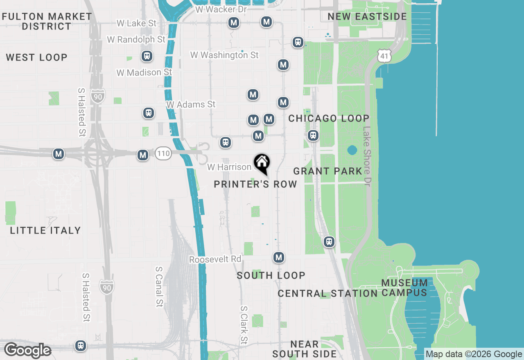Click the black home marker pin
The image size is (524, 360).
[x=262, y=164]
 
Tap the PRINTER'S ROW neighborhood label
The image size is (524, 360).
[x=255, y=184]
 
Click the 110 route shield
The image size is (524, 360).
[x=163, y=154]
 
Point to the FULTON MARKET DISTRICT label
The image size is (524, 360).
[x=47, y=21]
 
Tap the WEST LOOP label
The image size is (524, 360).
[x=36, y=57]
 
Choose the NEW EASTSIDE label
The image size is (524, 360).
[x=367, y=17]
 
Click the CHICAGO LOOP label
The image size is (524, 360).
[x=329, y=119]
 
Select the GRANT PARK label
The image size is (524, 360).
[x=328, y=171]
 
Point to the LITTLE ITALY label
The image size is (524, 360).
[x=45, y=231]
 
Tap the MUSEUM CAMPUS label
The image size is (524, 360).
[x=405, y=288]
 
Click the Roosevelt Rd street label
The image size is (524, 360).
[x=215, y=260]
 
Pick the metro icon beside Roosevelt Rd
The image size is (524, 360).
[x=279, y=257]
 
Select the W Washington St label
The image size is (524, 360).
[x=224, y=55]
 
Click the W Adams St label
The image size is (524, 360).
[x=191, y=105]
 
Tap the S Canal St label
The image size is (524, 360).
[x=159, y=287]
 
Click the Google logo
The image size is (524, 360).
[x=27, y=351]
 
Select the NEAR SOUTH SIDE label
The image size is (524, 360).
[x=304, y=349]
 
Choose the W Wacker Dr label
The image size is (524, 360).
[x=221, y=9]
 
